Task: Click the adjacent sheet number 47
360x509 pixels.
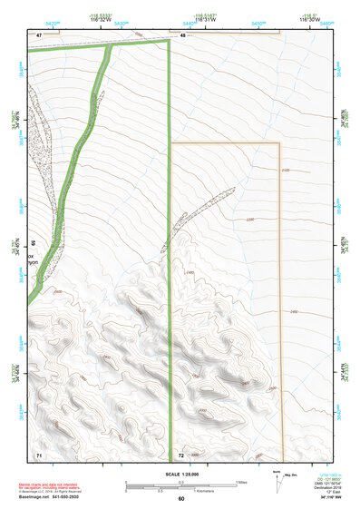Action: tap(39, 34)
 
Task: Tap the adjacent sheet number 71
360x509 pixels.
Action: tap(39, 453)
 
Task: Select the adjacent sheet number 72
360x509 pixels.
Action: tap(181, 453)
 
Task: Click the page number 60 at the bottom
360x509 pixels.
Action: tap(181, 498)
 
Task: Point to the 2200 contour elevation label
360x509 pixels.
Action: tap(251, 219)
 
